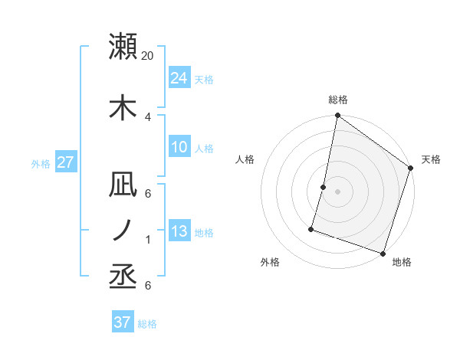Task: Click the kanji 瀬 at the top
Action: (x=123, y=47)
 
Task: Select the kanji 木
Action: (x=123, y=106)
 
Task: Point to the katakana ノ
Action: (x=123, y=231)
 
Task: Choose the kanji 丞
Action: (x=123, y=277)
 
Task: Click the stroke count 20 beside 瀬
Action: (x=148, y=56)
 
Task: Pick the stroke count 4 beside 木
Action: (x=148, y=116)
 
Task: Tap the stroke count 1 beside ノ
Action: (x=148, y=240)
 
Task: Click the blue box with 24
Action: (x=179, y=77)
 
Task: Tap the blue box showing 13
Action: (x=179, y=231)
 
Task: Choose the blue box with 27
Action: (x=65, y=162)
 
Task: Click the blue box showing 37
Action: (x=123, y=322)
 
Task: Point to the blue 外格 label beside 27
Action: (x=41, y=163)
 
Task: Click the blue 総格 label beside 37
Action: (x=147, y=323)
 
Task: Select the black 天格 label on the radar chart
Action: (x=431, y=159)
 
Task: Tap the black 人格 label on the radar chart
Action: (x=245, y=159)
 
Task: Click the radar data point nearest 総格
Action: (x=337, y=116)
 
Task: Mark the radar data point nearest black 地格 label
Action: (x=383, y=253)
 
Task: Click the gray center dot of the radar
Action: (x=337, y=191)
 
